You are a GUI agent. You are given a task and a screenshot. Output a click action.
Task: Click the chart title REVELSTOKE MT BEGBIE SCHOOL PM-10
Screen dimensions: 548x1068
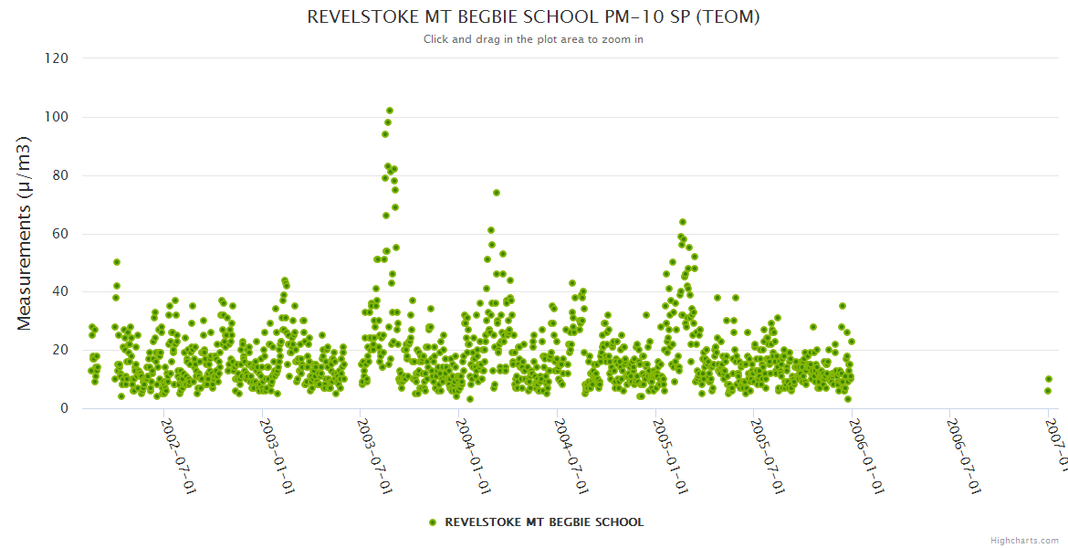[533, 16]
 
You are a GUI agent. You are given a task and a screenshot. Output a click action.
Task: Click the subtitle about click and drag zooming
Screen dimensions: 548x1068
[533, 39]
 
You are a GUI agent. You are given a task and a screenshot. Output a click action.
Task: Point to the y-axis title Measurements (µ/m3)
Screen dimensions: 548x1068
[25, 232]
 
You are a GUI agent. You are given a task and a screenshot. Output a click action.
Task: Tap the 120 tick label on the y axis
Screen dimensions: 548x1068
[57, 58]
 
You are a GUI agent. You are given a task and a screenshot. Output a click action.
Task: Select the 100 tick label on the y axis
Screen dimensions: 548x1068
[57, 117]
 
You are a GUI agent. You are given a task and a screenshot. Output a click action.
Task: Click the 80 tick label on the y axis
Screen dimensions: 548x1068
[59, 175]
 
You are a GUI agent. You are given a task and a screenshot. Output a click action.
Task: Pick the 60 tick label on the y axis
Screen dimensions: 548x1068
[59, 234]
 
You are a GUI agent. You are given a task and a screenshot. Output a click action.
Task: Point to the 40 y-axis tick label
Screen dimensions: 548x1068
[59, 292]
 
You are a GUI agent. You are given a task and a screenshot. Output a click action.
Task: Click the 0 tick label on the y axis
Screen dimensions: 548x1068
[64, 408]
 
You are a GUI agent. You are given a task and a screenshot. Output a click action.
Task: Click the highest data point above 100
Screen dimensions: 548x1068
[390, 111]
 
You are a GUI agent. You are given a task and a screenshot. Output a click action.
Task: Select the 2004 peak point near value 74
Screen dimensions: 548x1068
[497, 193]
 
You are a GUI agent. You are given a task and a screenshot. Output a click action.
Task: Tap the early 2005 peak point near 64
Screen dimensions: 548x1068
[682, 222]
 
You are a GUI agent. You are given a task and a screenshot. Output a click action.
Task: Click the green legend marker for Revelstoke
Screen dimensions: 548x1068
[433, 522]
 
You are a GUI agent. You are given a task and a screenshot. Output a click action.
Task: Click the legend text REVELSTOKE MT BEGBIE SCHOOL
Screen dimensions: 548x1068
[544, 522]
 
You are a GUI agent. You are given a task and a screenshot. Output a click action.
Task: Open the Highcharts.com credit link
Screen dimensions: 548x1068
[1024, 540]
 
